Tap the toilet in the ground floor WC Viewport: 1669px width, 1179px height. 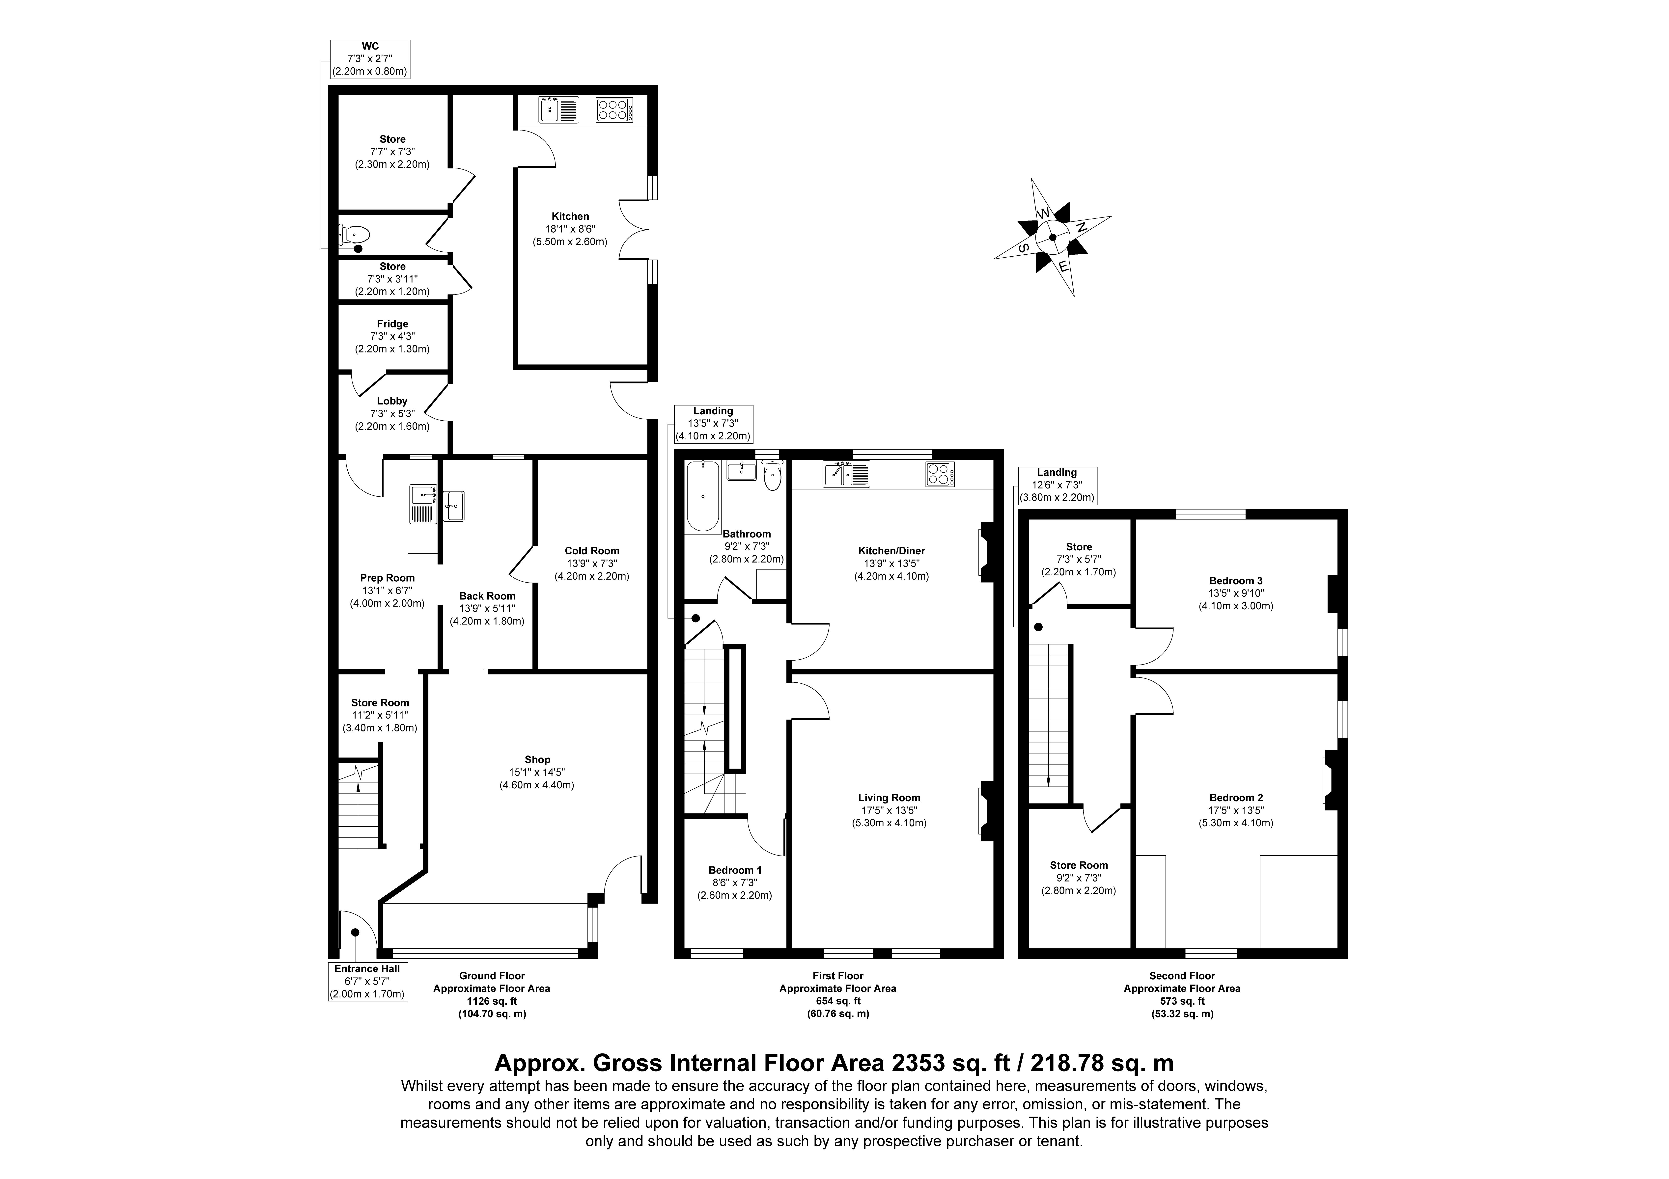coord(355,234)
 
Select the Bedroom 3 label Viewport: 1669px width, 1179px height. coord(1236,581)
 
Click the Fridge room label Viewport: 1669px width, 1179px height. coord(392,324)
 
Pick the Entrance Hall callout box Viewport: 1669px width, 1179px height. coord(368,981)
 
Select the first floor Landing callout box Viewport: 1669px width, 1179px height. coord(713,424)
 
